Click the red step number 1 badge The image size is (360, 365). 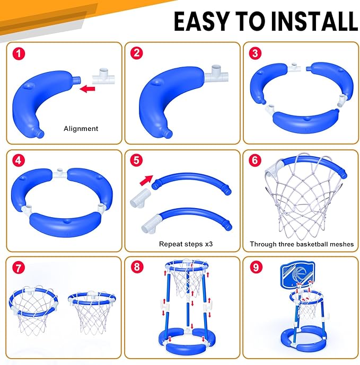pos(19,54)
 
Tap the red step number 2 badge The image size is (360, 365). pos(137,53)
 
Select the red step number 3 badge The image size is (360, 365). pos(255,53)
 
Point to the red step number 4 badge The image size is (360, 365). pos(19,161)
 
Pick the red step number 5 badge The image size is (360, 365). pos(137,161)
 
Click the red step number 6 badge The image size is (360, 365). pos(255,161)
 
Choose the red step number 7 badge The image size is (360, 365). pos(19,268)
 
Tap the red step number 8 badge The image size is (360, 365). pos(137,267)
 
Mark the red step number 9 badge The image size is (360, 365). pos(256,267)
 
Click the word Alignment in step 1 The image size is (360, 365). pos(81,129)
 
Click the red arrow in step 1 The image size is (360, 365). pos(87,88)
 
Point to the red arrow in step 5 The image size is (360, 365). pos(146,180)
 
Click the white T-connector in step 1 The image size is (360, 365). pos(104,76)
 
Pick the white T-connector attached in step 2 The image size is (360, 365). pos(216,74)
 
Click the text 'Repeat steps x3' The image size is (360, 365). pos(186,244)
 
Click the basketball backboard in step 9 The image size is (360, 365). pos(298,275)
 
